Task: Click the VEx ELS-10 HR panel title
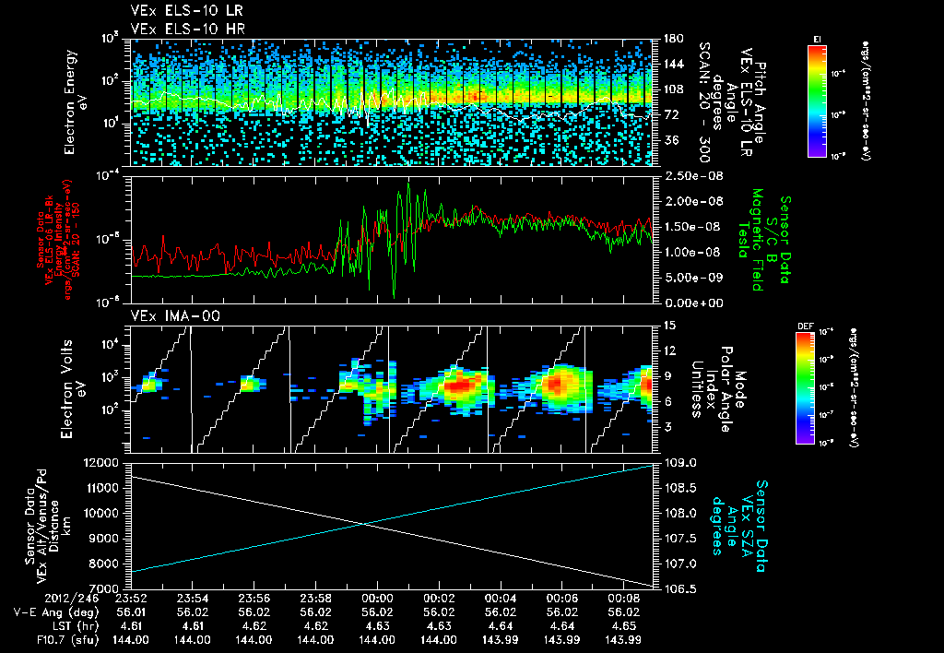coord(179,30)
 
